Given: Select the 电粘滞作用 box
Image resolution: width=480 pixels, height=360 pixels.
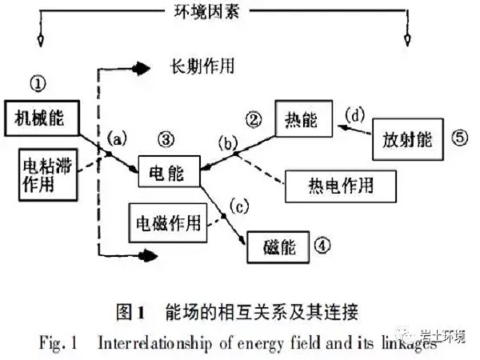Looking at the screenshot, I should [x=46, y=174].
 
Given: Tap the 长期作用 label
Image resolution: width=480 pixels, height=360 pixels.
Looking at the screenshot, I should [x=198, y=66].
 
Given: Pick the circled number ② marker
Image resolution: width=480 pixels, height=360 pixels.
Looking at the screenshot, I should [x=254, y=121].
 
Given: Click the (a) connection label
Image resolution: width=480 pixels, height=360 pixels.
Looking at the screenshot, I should [x=115, y=138].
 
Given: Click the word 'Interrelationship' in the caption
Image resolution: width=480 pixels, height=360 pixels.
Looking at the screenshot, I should [x=150, y=339].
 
